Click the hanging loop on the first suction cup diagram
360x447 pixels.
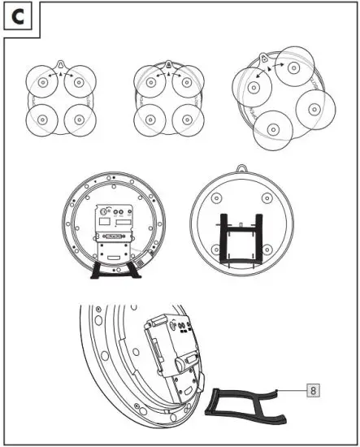pyautogui.click(x=62, y=64)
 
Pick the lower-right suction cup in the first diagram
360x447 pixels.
pyautogui.click(x=79, y=120)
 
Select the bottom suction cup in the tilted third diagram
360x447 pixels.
pyautogui.click(x=272, y=131)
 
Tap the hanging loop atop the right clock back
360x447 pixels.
pyautogui.click(x=241, y=168)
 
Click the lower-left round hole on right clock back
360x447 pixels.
pyautogui.click(x=215, y=249)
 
